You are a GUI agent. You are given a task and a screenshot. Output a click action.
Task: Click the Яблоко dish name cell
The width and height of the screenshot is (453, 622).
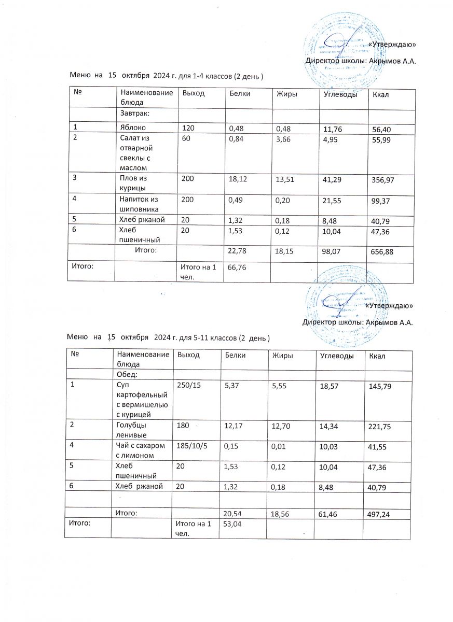point(132,127)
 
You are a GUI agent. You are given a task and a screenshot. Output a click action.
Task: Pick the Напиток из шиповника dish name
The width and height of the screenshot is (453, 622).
point(137,203)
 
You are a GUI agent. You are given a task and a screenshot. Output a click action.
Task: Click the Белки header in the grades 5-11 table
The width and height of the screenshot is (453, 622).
point(234,356)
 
